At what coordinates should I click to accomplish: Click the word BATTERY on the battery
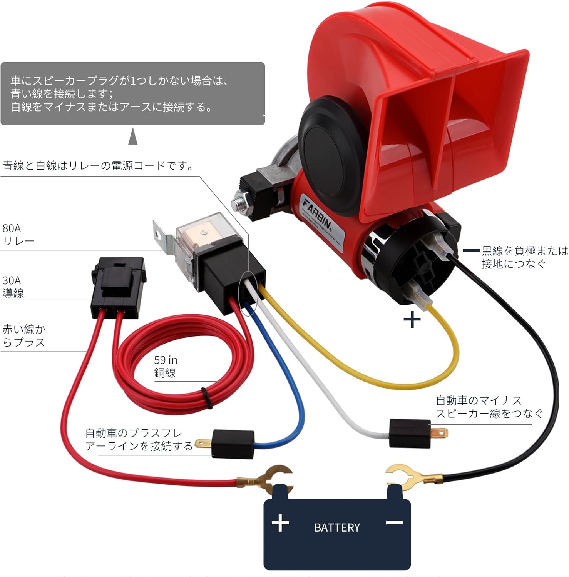point(337,527)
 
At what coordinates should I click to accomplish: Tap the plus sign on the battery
point(280,523)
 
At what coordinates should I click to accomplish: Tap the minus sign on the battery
point(394,523)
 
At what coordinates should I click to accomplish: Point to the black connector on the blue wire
point(233,444)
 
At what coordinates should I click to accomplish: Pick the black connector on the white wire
point(410,433)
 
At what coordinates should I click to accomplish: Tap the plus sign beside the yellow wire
point(412,320)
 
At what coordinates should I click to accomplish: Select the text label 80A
point(12,228)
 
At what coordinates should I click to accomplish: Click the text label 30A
point(12,280)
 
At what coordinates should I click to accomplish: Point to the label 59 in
point(166,360)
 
